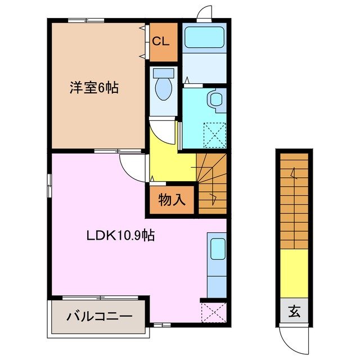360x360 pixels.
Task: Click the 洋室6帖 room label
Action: [x=94, y=88]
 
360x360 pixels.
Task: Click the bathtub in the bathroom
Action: [x=204, y=38]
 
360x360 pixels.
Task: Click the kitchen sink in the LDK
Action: [x=217, y=247]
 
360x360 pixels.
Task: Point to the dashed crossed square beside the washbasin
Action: [x=214, y=135]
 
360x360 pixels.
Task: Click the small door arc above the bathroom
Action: [x=205, y=13]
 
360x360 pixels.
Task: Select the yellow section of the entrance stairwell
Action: [x=294, y=273]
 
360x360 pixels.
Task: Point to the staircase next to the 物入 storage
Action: [x=213, y=183]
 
